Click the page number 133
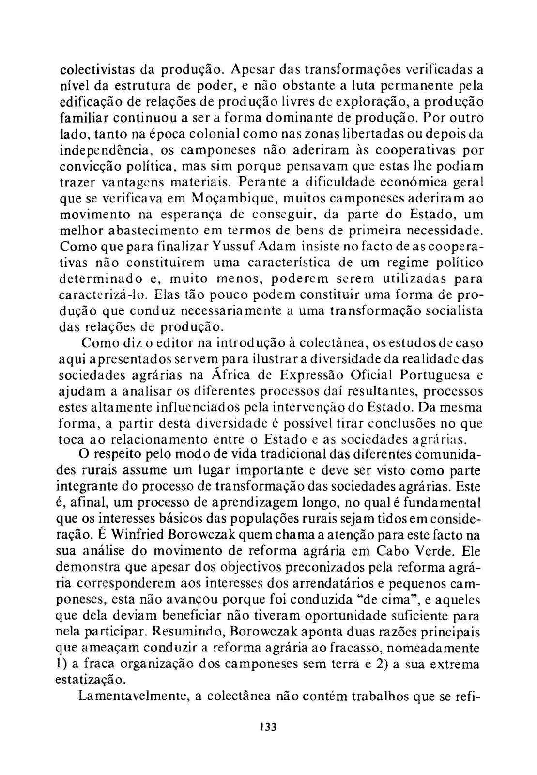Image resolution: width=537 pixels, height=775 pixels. (267, 727)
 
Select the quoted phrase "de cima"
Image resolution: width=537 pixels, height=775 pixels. (387, 600)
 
